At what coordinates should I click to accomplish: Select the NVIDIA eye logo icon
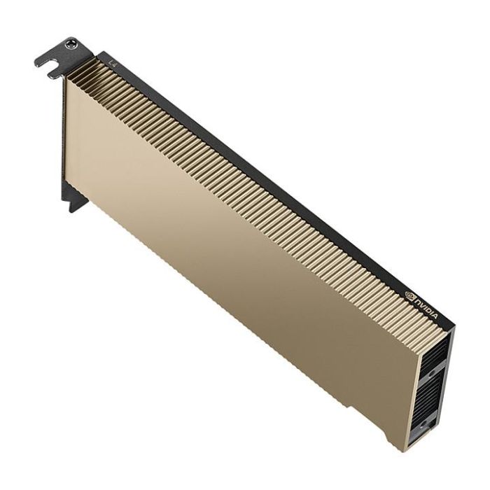pos(409,295)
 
